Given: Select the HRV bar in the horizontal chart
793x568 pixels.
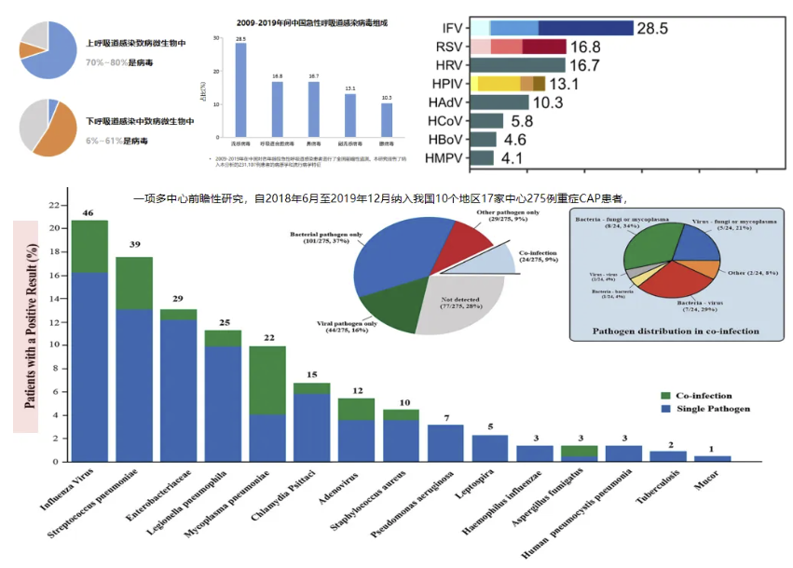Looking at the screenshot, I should pyautogui.click(x=517, y=65).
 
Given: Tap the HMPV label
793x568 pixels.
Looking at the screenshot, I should pyautogui.click(x=444, y=158).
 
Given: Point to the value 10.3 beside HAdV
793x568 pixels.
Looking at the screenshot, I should pyautogui.click(x=548, y=102).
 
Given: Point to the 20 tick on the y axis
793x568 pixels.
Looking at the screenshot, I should pyautogui.click(x=54, y=228).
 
